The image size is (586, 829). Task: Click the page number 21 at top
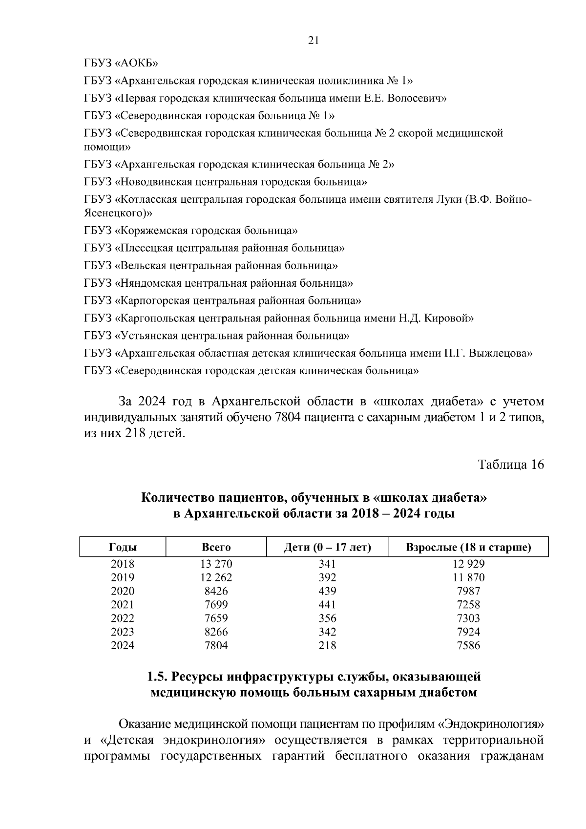point(314,41)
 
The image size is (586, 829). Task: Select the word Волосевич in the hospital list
point(420,98)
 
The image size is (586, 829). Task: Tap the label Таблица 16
point(511,464)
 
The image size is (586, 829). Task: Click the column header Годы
point(123,547)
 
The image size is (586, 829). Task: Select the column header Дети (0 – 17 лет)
point(327,547)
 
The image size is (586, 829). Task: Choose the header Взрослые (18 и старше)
point(468,547)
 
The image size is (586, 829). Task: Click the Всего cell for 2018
point(216,564)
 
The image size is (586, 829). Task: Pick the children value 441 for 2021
point(327,605)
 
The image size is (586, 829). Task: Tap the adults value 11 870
point(468,577)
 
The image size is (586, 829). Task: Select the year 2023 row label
point(123,632)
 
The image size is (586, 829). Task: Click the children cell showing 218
point(327,646)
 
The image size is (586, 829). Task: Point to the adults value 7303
point(468,618)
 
